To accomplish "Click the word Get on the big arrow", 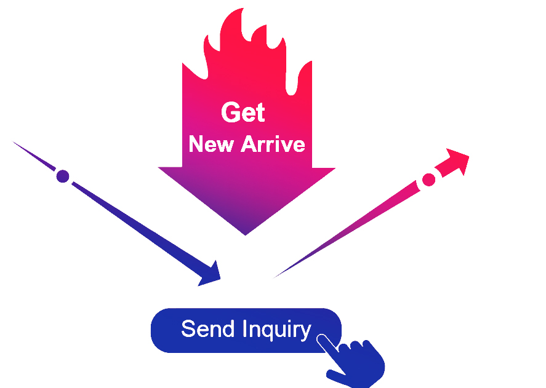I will tap(243, 113).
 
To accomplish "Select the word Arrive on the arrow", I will tap(272, 145).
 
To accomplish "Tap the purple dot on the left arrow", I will tap(62, 176).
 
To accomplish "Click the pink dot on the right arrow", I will tap(429, 180).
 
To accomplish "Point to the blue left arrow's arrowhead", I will tap(211, 274).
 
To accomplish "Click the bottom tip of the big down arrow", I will tap(246, 234).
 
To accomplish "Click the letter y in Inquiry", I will tap(305, 332).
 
